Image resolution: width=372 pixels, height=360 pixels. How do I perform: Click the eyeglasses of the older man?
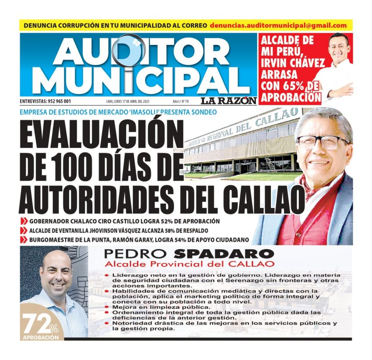(x=322, y=142)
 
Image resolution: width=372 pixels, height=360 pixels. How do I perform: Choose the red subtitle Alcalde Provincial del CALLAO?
(x=189, y=264)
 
